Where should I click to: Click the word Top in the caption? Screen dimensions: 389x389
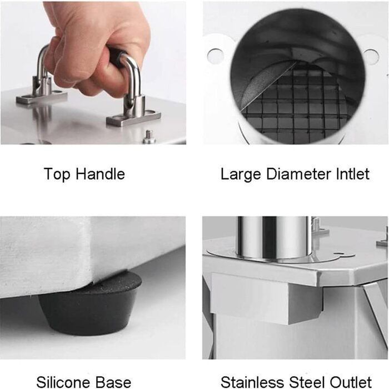click(x=57, y=174)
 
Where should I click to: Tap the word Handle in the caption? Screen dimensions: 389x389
click(x=100, y=173)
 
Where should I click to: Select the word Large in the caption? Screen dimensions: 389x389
click(x=241, y=174)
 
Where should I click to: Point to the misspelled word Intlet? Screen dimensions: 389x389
click(x=353, y=174)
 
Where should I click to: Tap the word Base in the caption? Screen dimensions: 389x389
click(x=113, y=382)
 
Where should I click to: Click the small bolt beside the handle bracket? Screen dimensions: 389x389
click(x=148, y=137)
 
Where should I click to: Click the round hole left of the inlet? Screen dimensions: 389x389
click(x=216, y=56)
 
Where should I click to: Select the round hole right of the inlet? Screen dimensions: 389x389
click(x=371, y=57)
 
